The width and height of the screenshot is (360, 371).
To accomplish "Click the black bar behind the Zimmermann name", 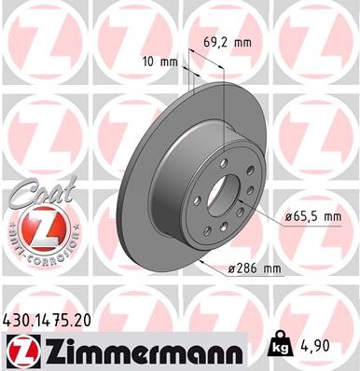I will tap(140, 352).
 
